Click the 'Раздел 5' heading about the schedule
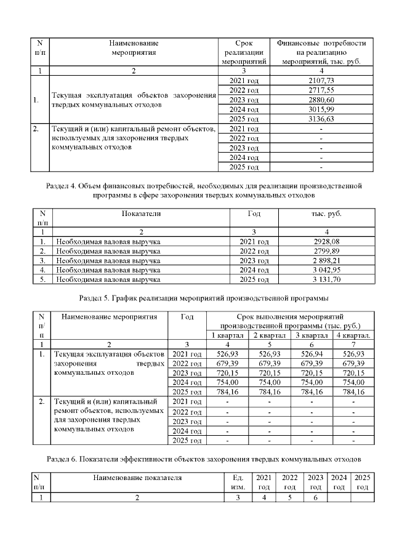[x=196, y=299]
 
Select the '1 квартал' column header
[x=227, y=335]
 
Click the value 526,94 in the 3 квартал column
[x=312, y=354]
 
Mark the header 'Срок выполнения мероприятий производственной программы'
[x=290, y=321]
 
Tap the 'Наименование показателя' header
[x=138, y=478]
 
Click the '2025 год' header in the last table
[x=362, y=483]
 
